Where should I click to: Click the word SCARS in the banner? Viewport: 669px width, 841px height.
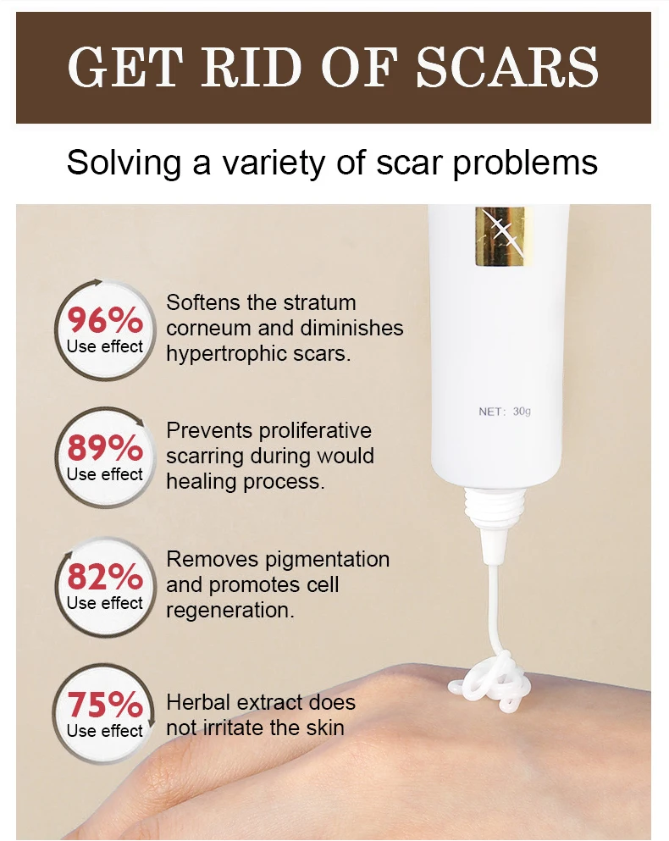click(x=507, y=68)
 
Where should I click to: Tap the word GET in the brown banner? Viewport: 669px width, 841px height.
click(x=123, y=68)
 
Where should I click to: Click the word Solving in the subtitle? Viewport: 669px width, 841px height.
click(x=124, y=163)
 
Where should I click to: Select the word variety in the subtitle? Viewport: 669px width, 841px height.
click(x=273, y=163)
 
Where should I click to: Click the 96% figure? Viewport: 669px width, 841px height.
click(x=105, y=320)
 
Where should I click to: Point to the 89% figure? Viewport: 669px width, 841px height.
click(x=105, y=448)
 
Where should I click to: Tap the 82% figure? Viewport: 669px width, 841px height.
click(x=105, y=577)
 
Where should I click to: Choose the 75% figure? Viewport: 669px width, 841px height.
click(x=105, y=705)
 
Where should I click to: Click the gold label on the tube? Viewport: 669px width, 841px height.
click(x=500, y=236)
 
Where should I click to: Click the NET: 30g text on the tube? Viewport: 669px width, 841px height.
click(x=505, y=412)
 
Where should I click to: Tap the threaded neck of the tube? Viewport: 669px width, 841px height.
click(x=493, y=506)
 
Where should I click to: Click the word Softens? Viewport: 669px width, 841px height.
click(x=203, y=302)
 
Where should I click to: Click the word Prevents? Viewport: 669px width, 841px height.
click(x=209, y=430)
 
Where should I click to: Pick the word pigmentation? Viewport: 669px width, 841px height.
click(x=327, y=560)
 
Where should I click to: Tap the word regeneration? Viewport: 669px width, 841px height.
click(x=230, y=611)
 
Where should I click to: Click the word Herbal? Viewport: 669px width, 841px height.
click(x=198, y=702)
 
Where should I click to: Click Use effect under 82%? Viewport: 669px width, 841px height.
click(x=105, y=603)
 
